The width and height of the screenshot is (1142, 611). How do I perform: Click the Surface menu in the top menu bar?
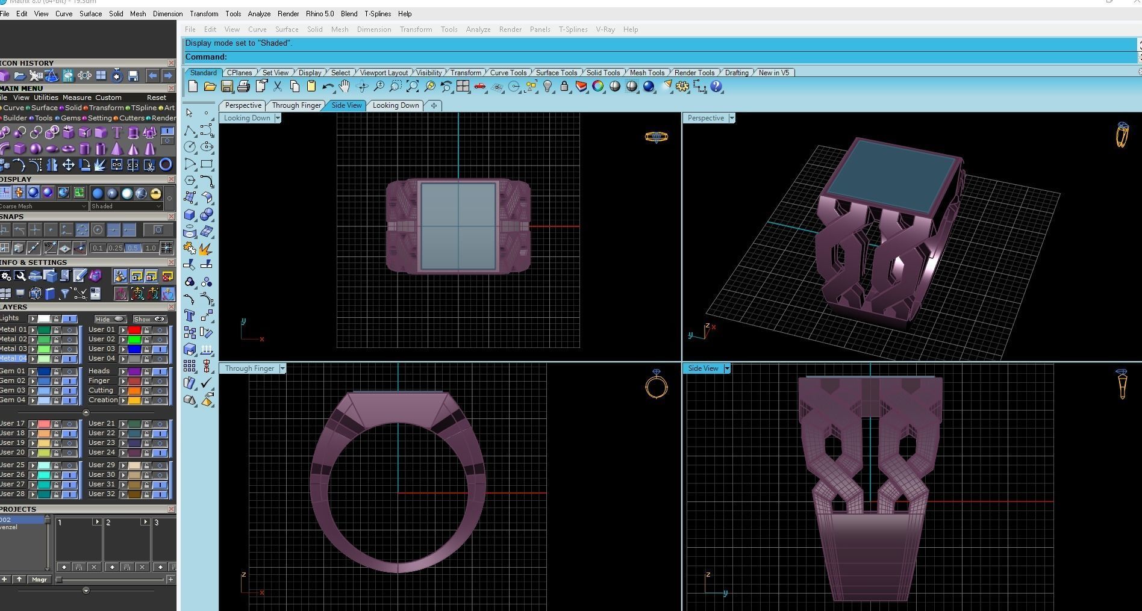pos(90,13)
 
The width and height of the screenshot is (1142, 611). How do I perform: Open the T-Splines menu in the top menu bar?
pos(377,13)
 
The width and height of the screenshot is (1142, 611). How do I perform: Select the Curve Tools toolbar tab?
pos(508,72)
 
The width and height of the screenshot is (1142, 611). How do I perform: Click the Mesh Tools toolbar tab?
pos(647,72)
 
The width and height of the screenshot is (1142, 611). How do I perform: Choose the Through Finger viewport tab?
pos(296,105)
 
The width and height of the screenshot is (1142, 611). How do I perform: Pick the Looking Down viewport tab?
pos(396,105)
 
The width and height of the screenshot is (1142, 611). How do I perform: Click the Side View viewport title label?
pos(703,368)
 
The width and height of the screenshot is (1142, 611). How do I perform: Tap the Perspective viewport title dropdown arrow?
pos(732,118)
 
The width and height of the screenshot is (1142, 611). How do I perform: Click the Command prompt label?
pos(206,57)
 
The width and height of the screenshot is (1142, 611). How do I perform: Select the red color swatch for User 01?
pos(134,330)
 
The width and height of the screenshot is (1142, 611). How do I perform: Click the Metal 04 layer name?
pos(13,358)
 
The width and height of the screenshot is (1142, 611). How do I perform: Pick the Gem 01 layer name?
pos(13,371)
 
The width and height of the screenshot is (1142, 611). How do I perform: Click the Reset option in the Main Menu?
pos(156,98)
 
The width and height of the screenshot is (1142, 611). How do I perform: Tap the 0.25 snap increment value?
pos(115,248)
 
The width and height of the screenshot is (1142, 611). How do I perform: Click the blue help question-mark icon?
pos(716,87)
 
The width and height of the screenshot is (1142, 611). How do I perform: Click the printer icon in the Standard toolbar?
pos(243,87)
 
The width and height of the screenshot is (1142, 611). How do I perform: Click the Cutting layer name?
pos(101,390)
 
